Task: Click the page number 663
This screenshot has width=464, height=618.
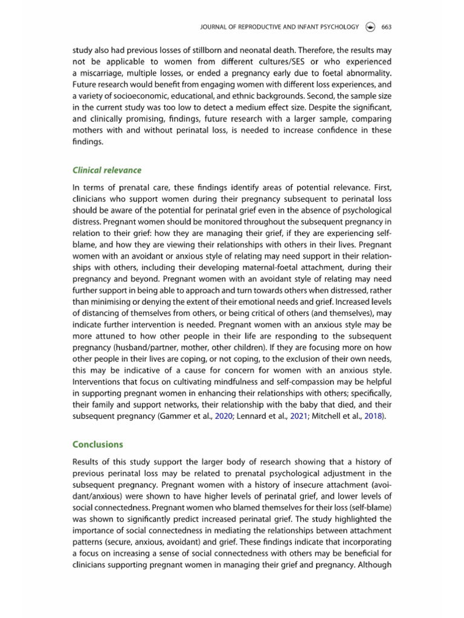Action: click(x=387, y=27)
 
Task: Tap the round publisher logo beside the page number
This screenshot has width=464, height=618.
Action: click(x=370, y=27)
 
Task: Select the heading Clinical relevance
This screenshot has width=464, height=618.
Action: click(x=106, y=170)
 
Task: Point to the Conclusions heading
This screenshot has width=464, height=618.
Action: click(x=97, y=444)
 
